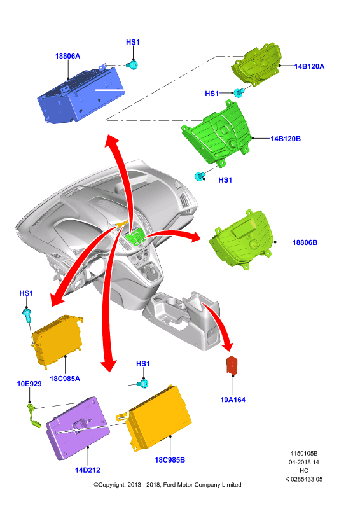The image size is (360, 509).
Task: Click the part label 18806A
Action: [67, 56]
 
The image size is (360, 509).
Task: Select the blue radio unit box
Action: [81, 94]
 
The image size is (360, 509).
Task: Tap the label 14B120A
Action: [309, 66]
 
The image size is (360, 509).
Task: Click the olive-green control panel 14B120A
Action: [256, 64]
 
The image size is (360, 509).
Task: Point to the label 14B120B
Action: [286, 139]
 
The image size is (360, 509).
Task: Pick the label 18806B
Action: [305, 242]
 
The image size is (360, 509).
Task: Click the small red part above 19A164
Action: [232, 365]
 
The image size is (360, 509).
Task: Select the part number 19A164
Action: [233, 400]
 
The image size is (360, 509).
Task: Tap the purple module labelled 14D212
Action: [78, 428]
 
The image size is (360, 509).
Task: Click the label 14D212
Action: [88, 470]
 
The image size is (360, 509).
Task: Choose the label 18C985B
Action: [170, 459]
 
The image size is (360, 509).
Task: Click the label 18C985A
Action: [65, 379]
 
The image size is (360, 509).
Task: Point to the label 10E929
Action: [29, 384]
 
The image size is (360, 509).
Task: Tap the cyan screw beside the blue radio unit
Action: [134, 65]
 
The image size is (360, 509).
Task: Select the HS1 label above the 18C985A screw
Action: [26, 293]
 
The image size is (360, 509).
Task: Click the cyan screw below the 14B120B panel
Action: [200, 177]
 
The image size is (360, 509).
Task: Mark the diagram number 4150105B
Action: [304, 453]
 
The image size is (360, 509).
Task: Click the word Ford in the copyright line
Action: [169, 485]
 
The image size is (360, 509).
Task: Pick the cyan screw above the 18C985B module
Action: [143, 384]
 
